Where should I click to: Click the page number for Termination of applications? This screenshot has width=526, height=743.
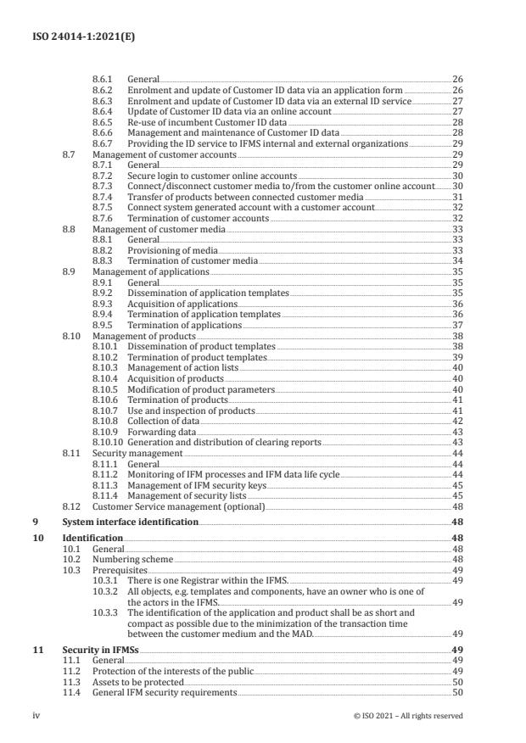tap(457, 325)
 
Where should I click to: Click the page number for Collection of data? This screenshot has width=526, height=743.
tap(457, 422)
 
